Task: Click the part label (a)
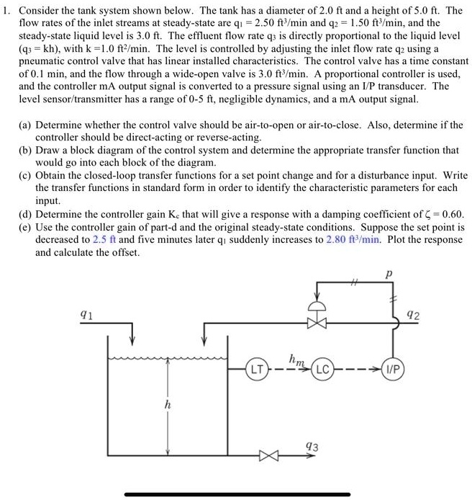(x=25, y=124)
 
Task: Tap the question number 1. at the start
(x=9, y=10)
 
